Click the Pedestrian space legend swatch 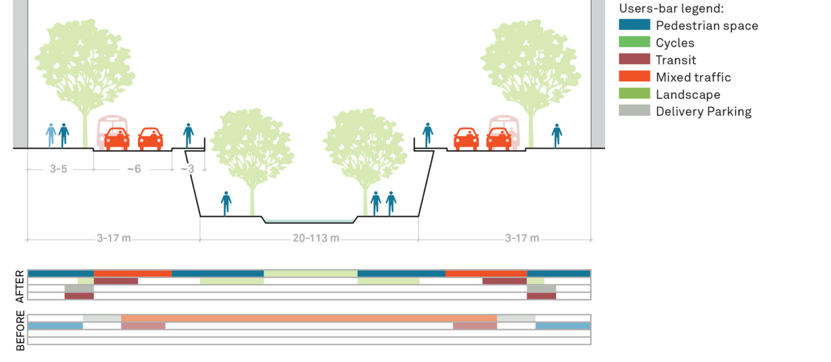(634, 25)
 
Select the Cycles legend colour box (634, 42)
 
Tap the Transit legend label (676, 60)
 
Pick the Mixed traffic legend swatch (634, 77)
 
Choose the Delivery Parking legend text (704, 111)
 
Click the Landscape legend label (688, 94)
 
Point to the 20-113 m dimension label (316, 238)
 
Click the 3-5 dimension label (58, 169)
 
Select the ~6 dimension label (134, 169)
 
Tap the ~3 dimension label (188, 169)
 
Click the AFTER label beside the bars (20, 286)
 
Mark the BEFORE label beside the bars (20, 331)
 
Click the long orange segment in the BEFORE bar (309, 318)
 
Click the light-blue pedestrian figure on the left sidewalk (51, 135)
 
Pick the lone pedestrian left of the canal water (226, 203)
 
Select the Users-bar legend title (671, 9)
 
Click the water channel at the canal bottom (309, 221)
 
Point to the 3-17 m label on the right (522, 238)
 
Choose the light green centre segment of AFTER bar (310, 273)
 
